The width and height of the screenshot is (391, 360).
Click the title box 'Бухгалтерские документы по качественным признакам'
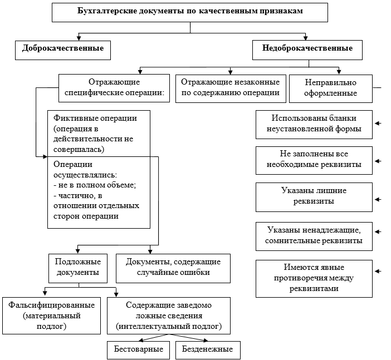(x=190, y=12)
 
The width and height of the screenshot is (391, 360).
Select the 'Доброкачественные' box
(x=62, y=49)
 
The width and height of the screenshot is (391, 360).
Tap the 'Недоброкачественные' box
(x=307, y=49)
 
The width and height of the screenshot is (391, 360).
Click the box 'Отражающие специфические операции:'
(x=114, y=88)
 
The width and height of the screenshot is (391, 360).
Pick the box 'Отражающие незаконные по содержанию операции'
(x=229, y=88)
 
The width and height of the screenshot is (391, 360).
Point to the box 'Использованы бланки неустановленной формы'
(x=314, y=124)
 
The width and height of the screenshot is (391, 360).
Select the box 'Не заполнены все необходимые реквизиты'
(x=314, y=160)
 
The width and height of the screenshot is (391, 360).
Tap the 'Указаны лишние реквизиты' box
(x=314, y=196)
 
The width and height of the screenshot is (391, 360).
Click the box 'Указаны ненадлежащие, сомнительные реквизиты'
(x=314, y=235)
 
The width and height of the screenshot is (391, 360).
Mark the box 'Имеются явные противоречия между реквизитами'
(x=314, y=278)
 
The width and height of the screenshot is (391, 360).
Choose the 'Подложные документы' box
(x=77, y=267)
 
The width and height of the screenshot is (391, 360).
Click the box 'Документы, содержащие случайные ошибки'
(x=173, y=267)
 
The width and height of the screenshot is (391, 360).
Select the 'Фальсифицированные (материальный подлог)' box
(x=52, y=315)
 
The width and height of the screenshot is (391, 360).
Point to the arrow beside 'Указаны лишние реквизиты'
(x=379, y=199)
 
